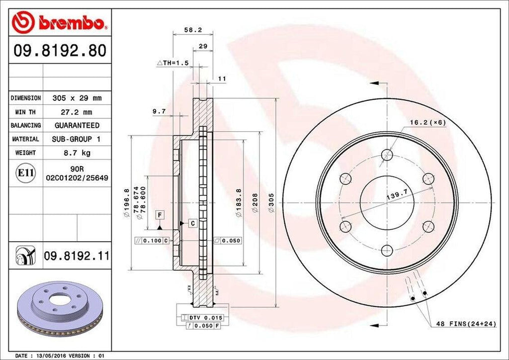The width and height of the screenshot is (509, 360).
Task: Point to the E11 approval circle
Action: [26, 173]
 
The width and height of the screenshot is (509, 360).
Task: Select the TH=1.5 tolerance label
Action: [173, 64]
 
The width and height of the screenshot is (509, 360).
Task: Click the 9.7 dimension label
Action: [159, 111]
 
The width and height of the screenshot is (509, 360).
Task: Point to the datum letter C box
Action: [192, 223]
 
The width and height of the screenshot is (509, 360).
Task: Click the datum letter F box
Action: [160, 215]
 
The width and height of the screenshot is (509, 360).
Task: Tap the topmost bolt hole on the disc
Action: [387, 156]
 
